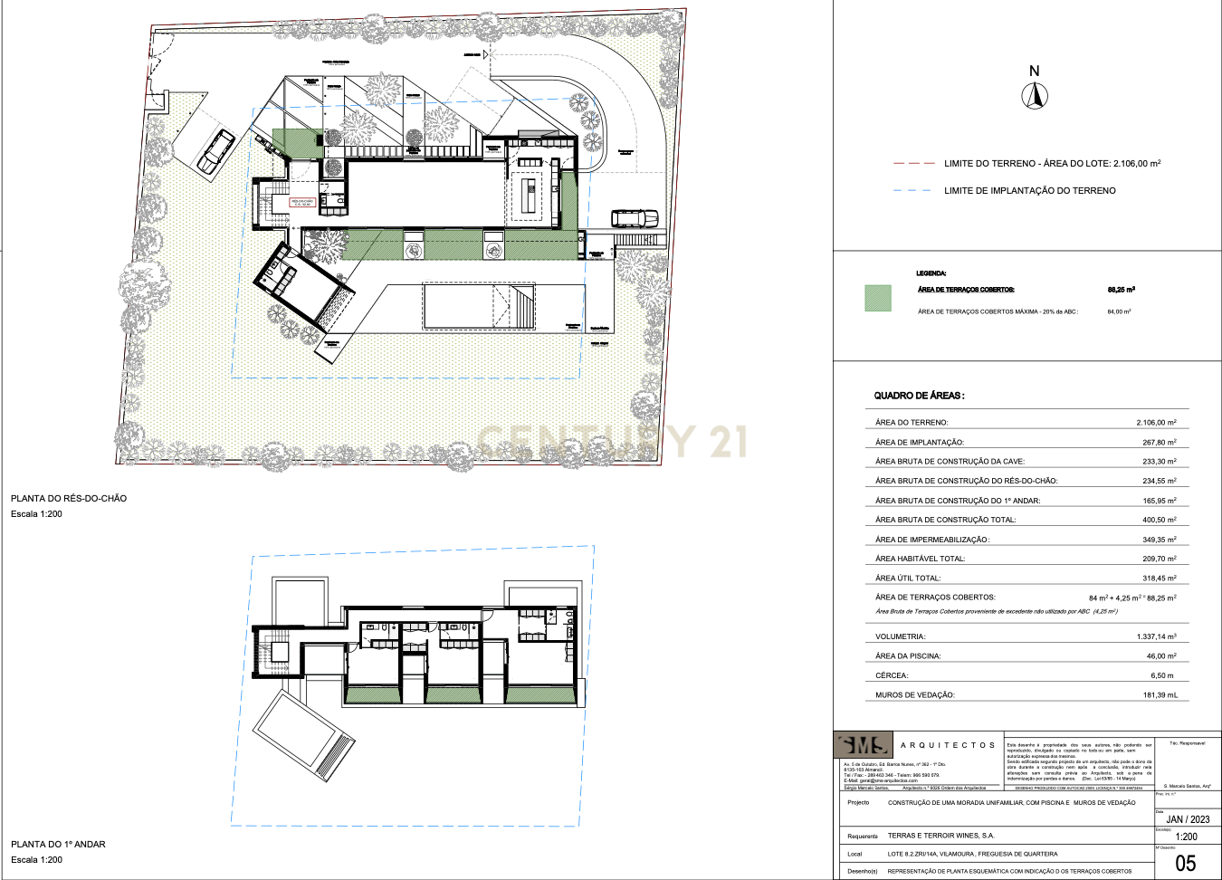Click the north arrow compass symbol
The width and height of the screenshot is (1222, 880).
point(1035,95)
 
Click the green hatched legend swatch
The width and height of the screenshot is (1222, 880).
point(878,298)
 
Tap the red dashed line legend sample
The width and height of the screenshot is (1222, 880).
point(913,164)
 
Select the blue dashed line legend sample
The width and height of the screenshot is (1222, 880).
point(912,191)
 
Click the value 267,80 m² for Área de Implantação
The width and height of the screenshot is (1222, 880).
point(1159,443)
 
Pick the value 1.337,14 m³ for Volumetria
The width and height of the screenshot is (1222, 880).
point(1156,637)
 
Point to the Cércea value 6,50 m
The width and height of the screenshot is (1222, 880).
point(1161,675)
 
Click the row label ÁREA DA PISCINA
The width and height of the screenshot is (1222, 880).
point(908,656)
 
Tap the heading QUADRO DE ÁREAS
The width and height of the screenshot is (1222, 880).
point(919,396)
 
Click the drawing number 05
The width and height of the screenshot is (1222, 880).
point(1185,864)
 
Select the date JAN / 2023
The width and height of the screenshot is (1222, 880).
point(1188,819)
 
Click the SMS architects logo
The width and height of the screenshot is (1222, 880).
point(864,745)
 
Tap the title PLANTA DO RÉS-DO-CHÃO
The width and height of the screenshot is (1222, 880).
point(69,499)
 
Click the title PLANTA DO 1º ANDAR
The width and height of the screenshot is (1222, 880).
point(58,845)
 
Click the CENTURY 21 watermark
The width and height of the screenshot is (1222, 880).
point(612,442)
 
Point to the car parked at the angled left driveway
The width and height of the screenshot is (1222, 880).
point(216,151)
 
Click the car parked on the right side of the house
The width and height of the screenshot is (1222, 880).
point(635,218)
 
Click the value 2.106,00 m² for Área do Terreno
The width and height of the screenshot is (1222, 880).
point(1156,423)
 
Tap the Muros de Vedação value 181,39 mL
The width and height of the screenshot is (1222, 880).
point(1160,695)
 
